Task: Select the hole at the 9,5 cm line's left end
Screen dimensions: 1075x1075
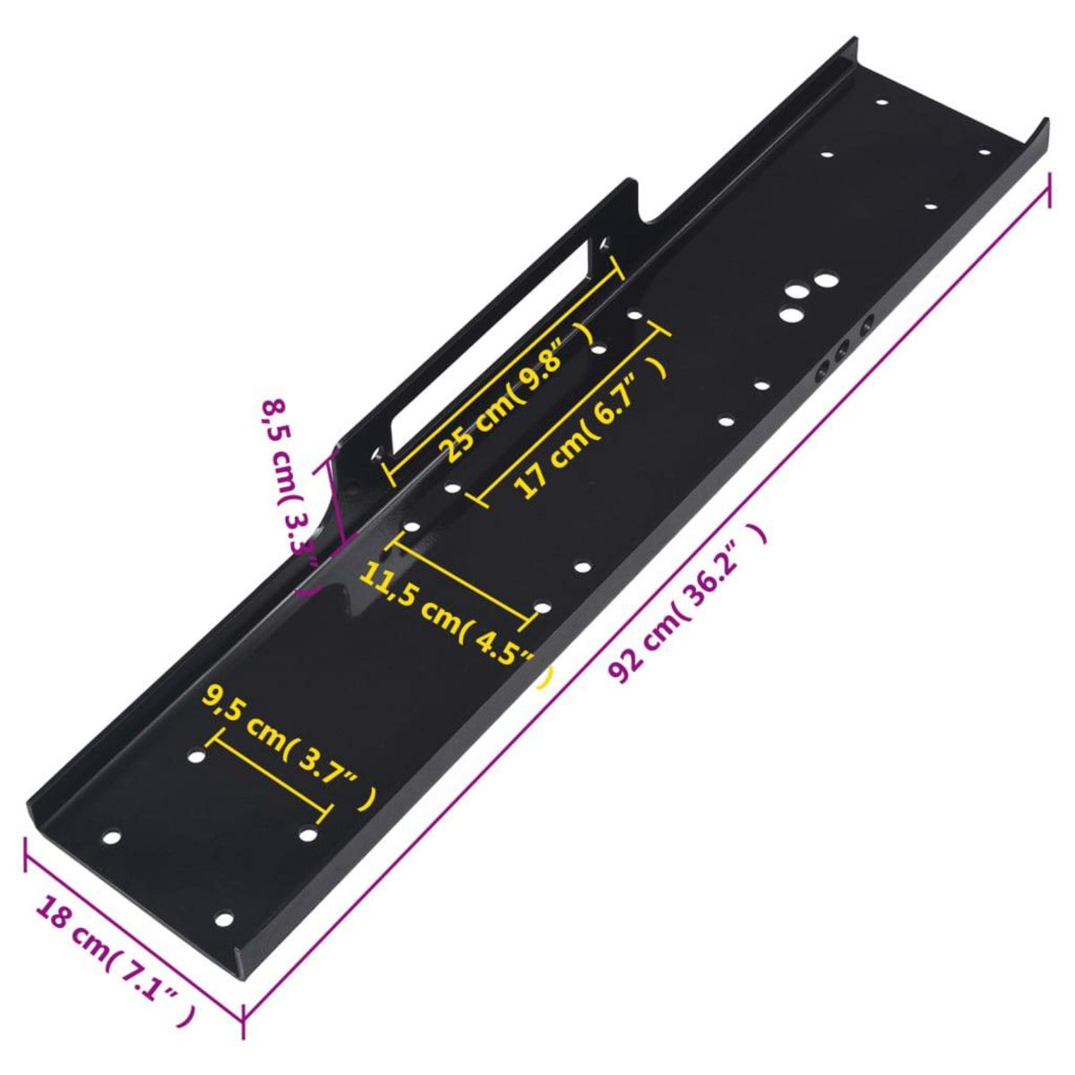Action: point(196,757)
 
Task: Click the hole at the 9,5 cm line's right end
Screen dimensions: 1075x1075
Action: point(307,835)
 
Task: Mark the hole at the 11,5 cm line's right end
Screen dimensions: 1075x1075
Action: point(541,609)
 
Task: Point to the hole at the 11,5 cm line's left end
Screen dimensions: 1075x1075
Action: point(412,526)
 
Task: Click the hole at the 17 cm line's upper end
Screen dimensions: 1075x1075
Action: point(634,315)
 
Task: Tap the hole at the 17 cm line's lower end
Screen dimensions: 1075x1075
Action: point(452,489)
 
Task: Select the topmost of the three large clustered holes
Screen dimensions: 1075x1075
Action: point(822,281)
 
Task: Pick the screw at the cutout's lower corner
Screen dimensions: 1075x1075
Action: point(377,454)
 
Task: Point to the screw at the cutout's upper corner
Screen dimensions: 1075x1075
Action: point(604,243)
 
